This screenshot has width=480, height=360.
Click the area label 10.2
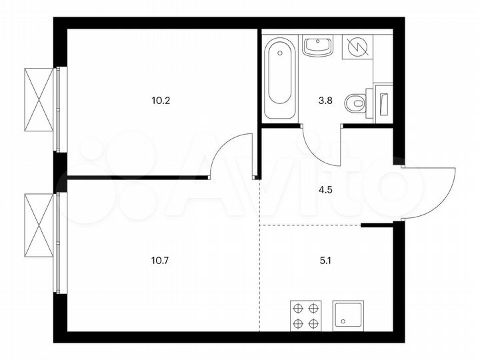tap(161, 102)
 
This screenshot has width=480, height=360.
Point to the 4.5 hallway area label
tap(325, 188)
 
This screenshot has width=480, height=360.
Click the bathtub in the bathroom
tap(278, 79)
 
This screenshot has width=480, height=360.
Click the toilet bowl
tap(356, 103)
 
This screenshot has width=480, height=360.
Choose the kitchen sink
tap(347, 315)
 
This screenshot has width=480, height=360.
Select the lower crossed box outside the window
tap(39, 227)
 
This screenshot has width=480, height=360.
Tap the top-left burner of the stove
tap(297, 308)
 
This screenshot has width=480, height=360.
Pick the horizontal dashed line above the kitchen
tap(310, 226)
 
